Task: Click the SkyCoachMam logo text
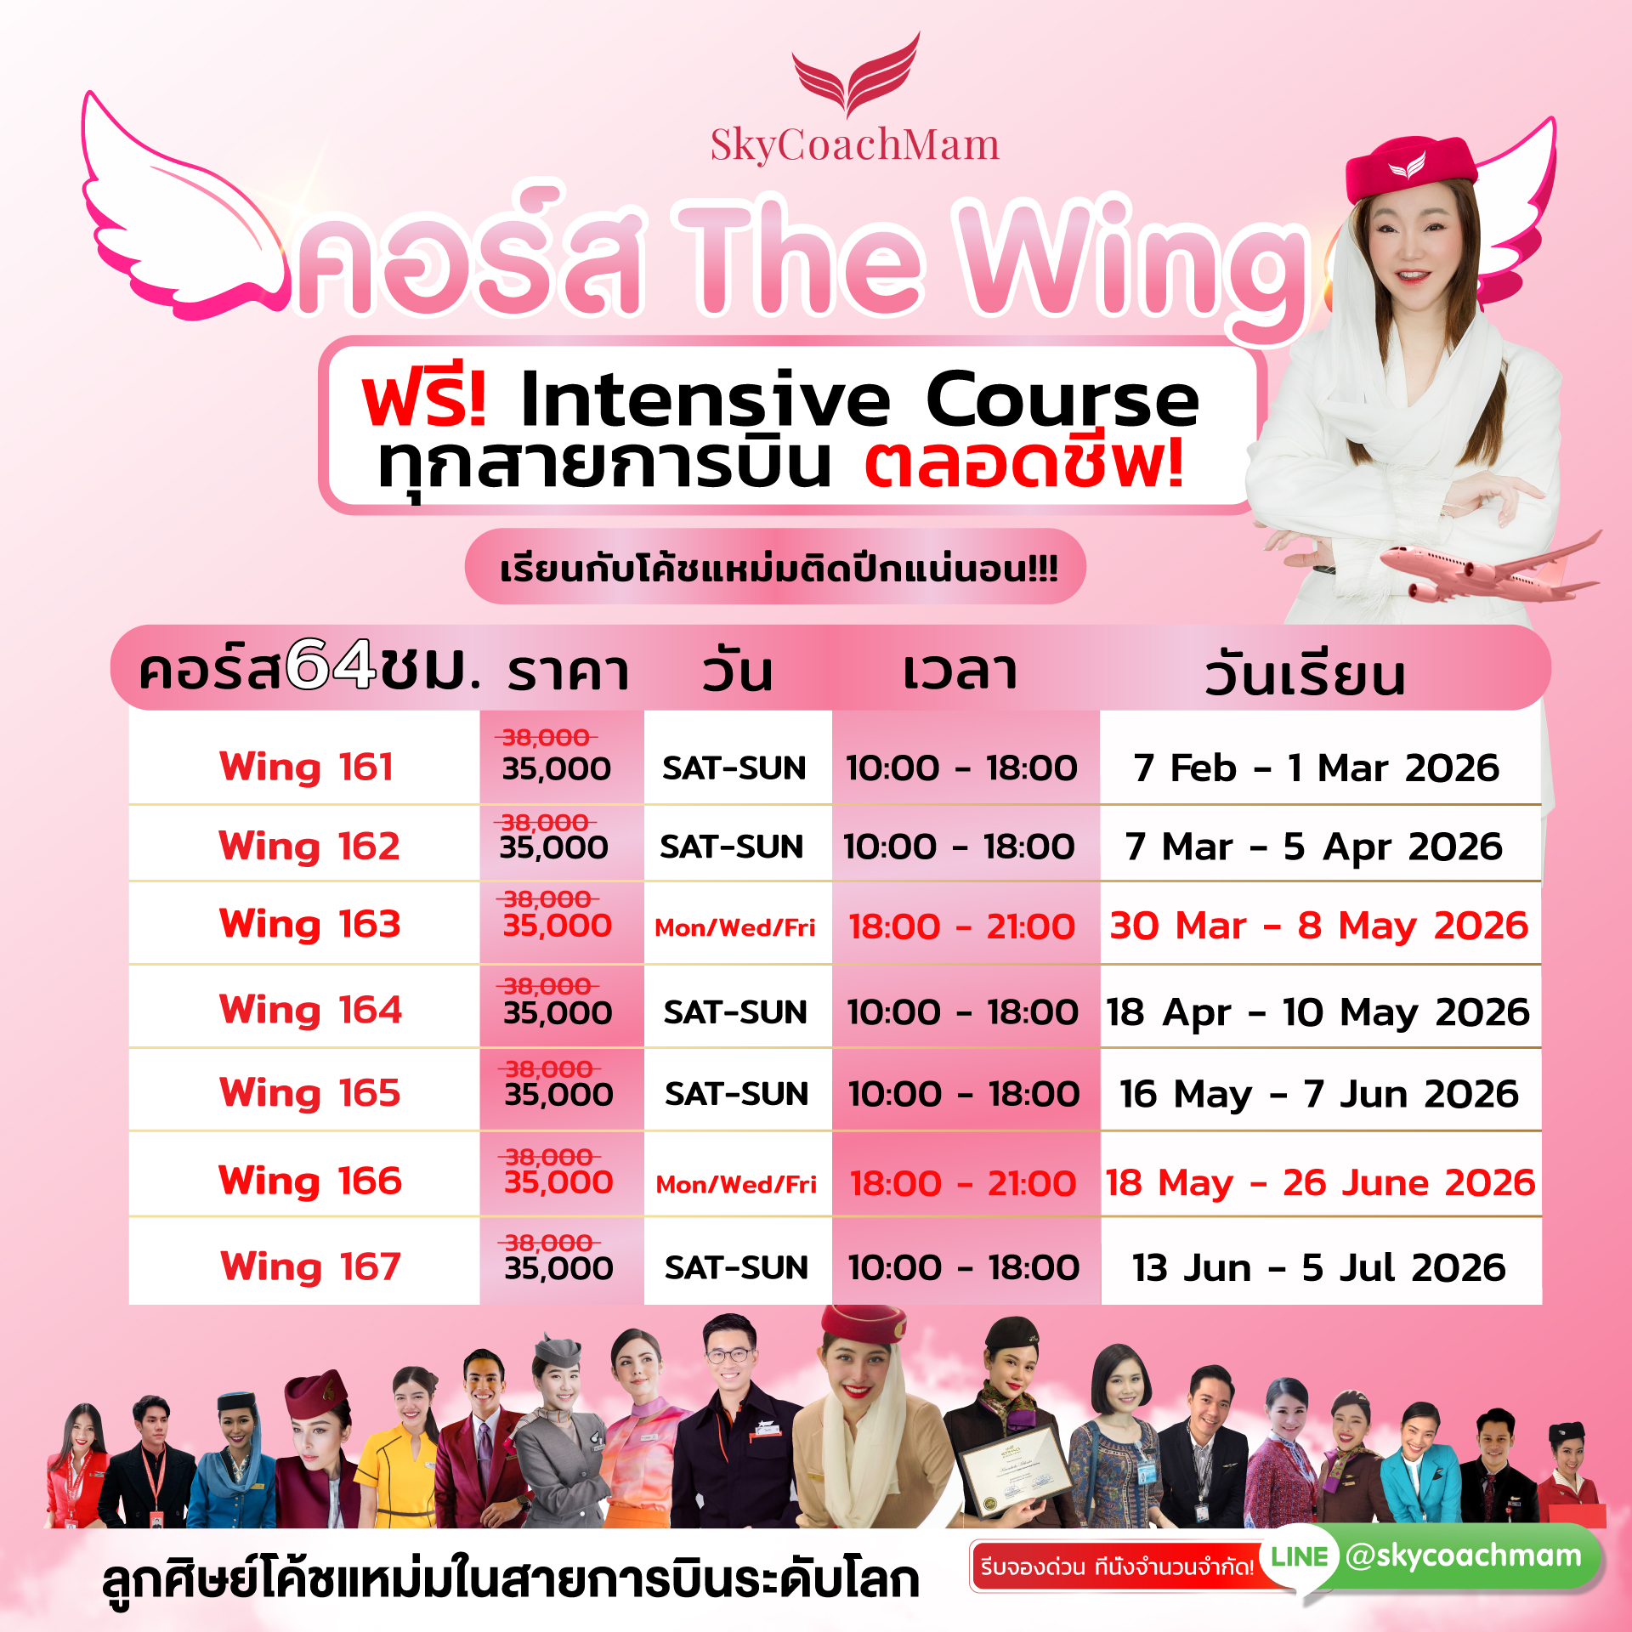(x=854, y=144)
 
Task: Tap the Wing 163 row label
(x=309, y=925)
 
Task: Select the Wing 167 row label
(x=310, y=1267)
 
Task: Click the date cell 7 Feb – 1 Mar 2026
(x=1316, y=768)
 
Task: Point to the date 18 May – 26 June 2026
(x=1320, y=1183)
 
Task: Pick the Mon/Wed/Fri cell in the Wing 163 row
(x=735, y=927)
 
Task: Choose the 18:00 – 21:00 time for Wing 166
(x=963, y=1183)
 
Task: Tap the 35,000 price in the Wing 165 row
(x=558, y=1094)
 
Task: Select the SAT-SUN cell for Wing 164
(x=735, y=1012)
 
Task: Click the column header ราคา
(x=568, y=671)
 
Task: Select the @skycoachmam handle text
(x=1464, y=1555)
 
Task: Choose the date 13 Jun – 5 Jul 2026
(x=1319, y=1268)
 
